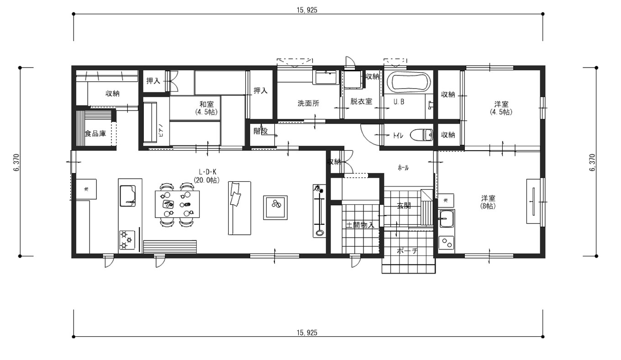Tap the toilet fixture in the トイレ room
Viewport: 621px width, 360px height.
coord(421,135)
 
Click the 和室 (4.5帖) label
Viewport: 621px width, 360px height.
coord(206,108)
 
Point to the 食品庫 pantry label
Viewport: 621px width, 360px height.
coord(95,134)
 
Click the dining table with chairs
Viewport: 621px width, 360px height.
coord(177,205)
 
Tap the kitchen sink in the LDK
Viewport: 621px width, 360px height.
coord(127,196)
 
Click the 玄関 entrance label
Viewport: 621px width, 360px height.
coord(404,206)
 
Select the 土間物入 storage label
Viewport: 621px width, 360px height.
coord(360,225)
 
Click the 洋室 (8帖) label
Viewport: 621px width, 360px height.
coord(488,202)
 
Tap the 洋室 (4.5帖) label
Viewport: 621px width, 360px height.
coord(500,108)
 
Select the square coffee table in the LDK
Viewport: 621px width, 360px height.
coord(275,207)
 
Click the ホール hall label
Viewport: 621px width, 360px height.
coord(403,168)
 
